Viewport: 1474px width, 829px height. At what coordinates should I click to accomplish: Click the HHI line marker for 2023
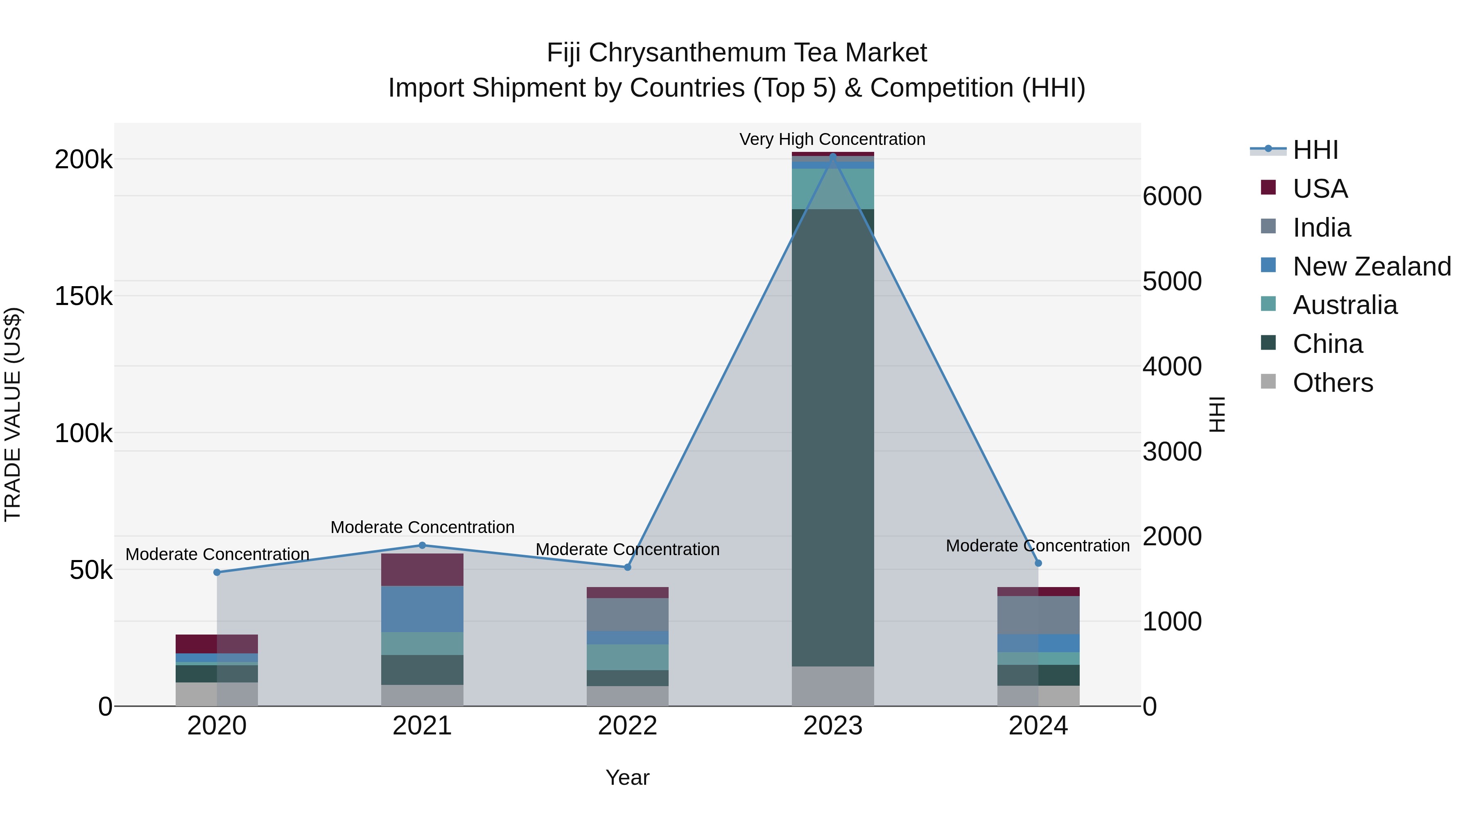click(x=832, y=156)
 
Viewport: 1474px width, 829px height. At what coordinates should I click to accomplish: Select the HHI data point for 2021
click(x=422, y=545)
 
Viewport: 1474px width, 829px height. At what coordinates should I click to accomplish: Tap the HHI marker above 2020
click(x=217, y=572)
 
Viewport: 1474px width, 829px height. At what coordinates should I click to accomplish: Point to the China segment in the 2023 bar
click(x=832, y=438)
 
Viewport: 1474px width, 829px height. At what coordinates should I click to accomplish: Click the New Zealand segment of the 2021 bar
click(x=422, y=609)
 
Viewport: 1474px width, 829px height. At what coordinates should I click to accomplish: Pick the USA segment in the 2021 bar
click(x=422, y=570)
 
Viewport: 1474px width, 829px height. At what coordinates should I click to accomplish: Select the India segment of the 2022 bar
click(x=627, y=615)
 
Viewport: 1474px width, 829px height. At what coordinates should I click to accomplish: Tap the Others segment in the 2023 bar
click(x=832, y=686)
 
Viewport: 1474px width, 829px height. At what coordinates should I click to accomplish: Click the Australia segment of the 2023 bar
click(x=832, y=189)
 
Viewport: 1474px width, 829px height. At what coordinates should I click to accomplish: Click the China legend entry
click(x=1311, y=344)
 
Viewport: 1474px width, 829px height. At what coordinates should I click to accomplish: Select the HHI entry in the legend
click(x=1294, y=150)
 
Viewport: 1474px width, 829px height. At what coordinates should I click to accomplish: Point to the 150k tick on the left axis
click(x=84, y=296)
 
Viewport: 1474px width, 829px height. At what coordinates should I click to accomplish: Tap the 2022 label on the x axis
click(x=627, y=726)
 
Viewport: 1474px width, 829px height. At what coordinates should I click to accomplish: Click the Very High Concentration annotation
click(x=832, y=139)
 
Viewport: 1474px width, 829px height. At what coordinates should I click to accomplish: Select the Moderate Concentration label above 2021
click(x=422, y=527)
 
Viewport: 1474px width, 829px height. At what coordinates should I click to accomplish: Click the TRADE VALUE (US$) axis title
click(x=13, y=414)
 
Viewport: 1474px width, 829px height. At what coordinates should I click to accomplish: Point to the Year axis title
click(x=627, y=777)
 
